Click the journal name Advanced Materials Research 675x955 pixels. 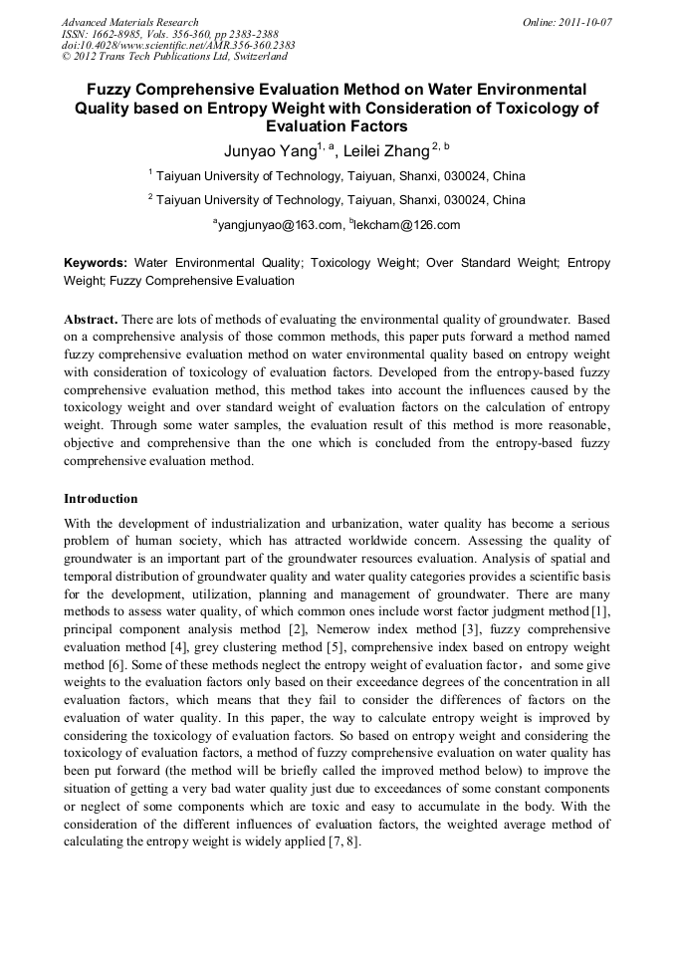point(129,22)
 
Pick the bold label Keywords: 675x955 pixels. point(96,264)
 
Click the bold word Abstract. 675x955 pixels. point(91,320)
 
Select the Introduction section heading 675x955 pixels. point(101,498)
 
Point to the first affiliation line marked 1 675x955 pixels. point(337,176)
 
